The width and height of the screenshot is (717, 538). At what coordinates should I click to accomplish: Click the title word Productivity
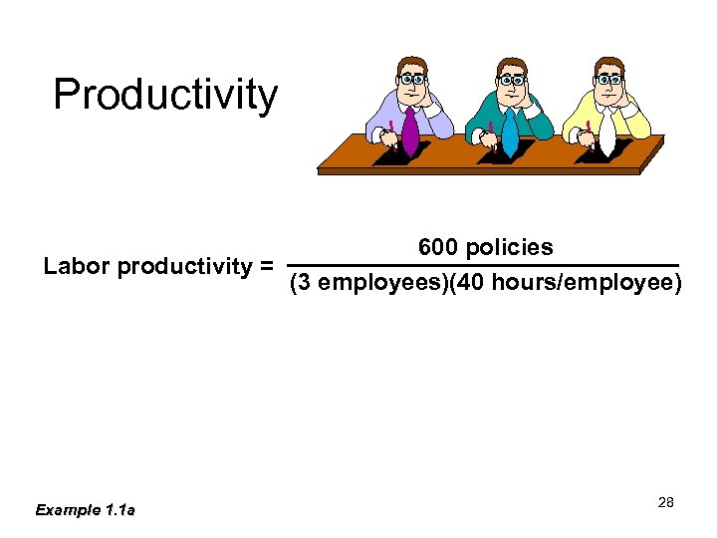165,96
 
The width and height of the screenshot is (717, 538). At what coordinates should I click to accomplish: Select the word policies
509,247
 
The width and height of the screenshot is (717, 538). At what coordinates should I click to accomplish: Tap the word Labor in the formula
78,267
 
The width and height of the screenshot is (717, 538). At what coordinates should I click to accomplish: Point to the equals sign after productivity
266,267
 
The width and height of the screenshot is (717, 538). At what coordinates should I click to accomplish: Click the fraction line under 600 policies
483,265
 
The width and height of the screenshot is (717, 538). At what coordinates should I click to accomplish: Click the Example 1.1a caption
86,510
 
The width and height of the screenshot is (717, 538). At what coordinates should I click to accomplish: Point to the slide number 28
666,502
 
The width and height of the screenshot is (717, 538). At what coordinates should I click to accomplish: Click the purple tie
409,133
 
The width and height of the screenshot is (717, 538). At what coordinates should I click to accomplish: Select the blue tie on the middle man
510,133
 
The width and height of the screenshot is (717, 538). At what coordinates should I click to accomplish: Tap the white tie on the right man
606,133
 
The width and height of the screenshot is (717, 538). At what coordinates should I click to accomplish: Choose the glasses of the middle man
512,79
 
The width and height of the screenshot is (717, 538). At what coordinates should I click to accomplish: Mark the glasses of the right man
609,79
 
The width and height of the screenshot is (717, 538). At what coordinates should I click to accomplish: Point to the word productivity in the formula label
185,267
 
